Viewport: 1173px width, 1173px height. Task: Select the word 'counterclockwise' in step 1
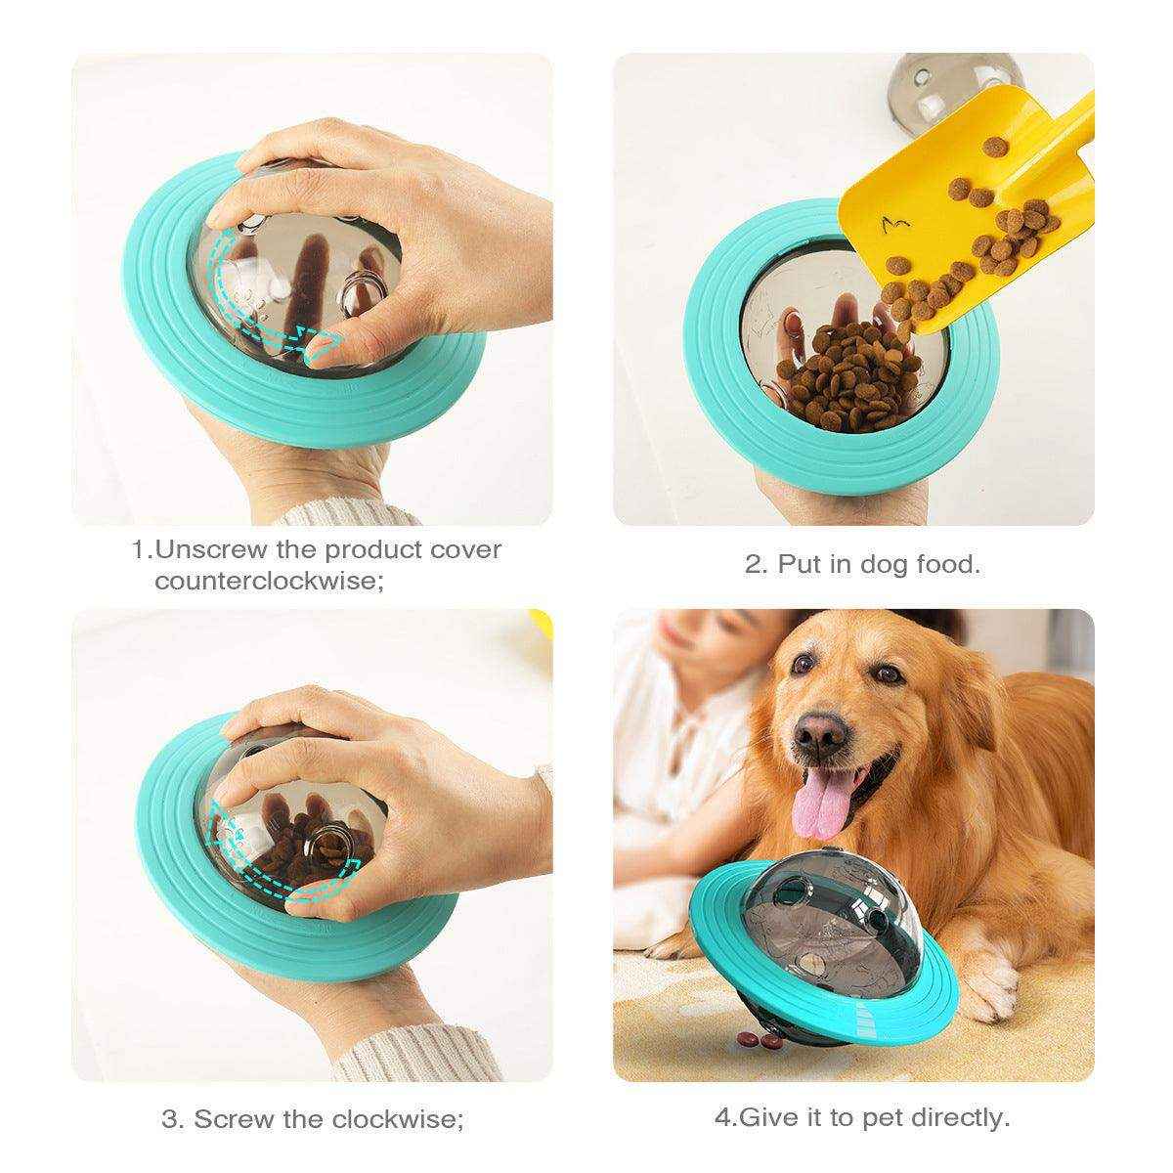[x=263, y=581]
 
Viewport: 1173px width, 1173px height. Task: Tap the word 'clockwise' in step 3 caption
[x=399, y=1118]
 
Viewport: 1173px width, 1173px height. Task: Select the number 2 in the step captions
[x=753, y=564]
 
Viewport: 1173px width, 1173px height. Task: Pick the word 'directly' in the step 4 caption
[x=964, y=1116]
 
